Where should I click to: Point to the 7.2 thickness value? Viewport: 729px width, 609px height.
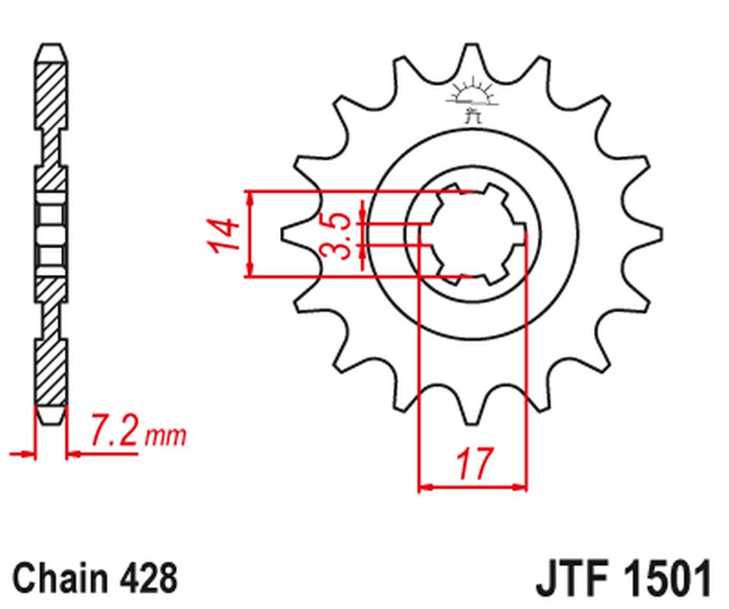pos(113,432)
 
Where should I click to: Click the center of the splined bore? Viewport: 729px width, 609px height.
pos(473,234)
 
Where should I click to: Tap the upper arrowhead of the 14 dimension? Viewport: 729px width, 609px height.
pos(250,196)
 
